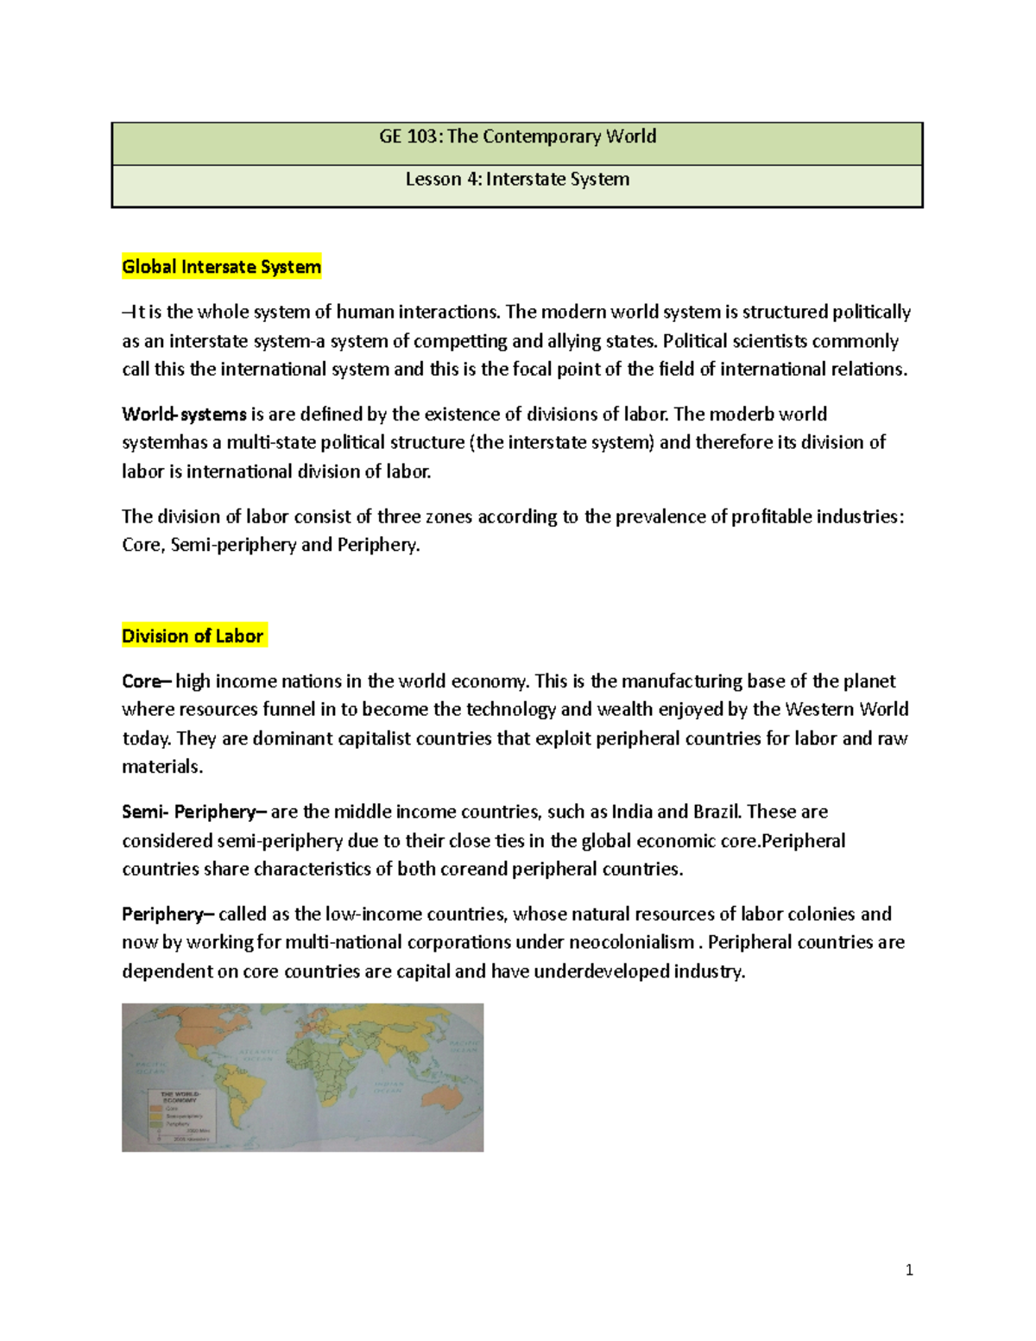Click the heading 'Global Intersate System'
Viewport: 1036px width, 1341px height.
[221, 267]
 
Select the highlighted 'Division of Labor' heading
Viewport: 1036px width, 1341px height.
[193, 636]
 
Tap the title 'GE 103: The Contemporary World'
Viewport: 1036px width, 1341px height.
[517, 136]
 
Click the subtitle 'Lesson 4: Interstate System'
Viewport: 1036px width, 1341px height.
[517, 180]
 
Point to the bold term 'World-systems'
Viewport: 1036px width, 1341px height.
[184, 414]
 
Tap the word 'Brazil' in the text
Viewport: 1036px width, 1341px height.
[717, 812]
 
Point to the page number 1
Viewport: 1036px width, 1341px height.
[909, 1270]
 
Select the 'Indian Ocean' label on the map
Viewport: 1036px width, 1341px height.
[388, 1087]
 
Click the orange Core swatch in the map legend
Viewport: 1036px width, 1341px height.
[155, 1108]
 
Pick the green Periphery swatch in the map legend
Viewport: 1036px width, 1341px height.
[155, 1123]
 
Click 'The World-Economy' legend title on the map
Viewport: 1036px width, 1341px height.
[180, 1097]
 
